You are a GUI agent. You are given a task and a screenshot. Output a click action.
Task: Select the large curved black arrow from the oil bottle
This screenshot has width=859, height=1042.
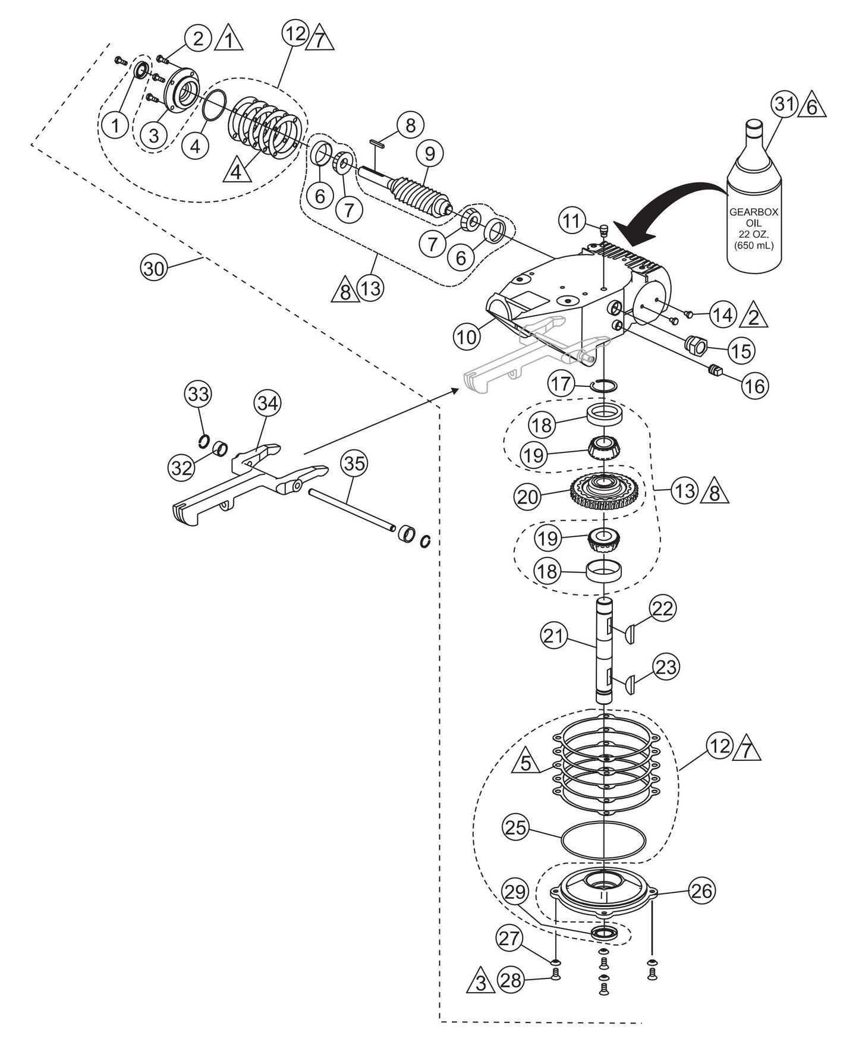coord(672,214)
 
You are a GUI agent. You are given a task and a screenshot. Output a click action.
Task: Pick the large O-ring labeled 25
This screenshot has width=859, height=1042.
coord(603,840)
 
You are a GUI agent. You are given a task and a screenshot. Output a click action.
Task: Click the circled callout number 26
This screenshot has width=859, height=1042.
coord(702,890)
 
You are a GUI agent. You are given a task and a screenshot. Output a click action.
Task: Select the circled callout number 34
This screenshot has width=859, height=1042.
coord(268,404)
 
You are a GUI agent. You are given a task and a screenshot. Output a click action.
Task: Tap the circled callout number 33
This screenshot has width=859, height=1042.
coord(199,393)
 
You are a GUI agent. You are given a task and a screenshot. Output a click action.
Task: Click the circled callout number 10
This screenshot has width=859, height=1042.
coord(467,337)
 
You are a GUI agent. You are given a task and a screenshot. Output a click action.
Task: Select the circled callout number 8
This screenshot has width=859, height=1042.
coord(410,125)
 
